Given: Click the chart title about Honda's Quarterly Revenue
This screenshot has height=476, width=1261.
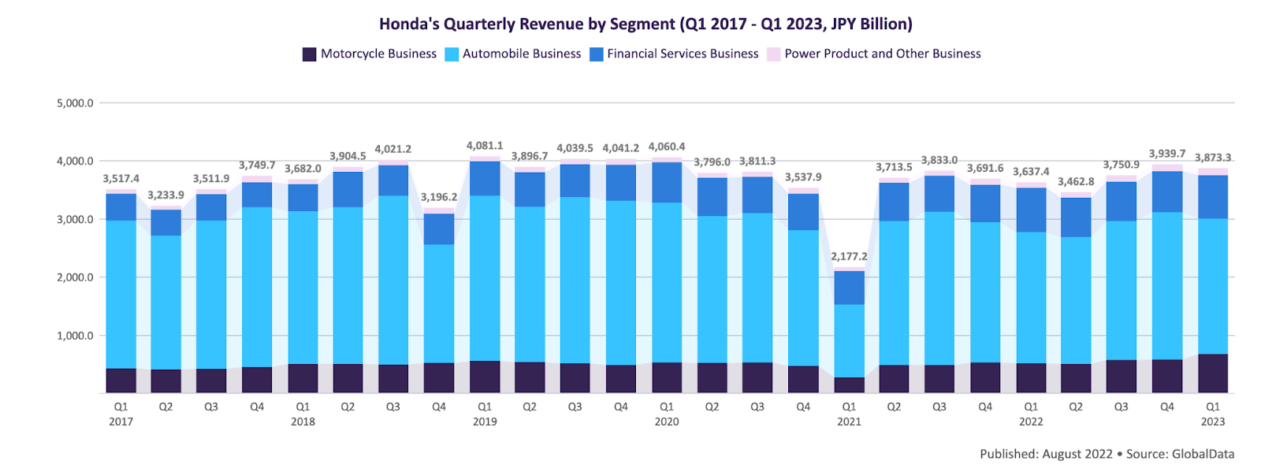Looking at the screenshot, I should pyautogui.click(x=645, y=24).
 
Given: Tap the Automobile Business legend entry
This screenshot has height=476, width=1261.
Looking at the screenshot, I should pyautogui.click(x=513, y=54).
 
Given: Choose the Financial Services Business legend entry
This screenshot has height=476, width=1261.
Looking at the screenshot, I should pyautogui.click(x=674, y=54).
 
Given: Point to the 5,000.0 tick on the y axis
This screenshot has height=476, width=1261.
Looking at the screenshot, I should pyautogui.click(x=75, y=103).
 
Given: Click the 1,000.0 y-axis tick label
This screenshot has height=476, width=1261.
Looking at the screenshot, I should pyautogui.click(x=75, y=336).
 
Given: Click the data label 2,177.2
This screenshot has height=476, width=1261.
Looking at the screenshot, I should pyautogui.click(x=849, y=257).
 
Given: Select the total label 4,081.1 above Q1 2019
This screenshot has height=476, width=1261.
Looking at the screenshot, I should pyautogui.click(x=485, y=146).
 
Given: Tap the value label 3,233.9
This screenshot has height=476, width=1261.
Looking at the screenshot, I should pyautogui.click(x=166, y=195).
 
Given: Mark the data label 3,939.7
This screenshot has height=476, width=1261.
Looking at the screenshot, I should pyautogui.click(x=1167, y=154).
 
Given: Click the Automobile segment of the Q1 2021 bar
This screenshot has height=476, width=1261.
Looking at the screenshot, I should pyautogui.click(x=849, y=340).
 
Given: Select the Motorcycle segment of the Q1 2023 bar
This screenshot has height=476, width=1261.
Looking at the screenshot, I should pyautogui.click(x=1213, y=374).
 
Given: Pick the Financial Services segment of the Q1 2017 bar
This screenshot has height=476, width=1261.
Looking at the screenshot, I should pyautogui.click(x=121, y=206).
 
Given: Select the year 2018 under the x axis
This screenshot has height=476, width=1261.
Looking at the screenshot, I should pyautogui.click(x=303, y=422).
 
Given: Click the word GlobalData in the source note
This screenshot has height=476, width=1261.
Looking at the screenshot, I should pyautogui.click(x=1203, y=454).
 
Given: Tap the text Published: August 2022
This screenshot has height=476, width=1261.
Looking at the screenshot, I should pyautogui.click(x=1046, y=454).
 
